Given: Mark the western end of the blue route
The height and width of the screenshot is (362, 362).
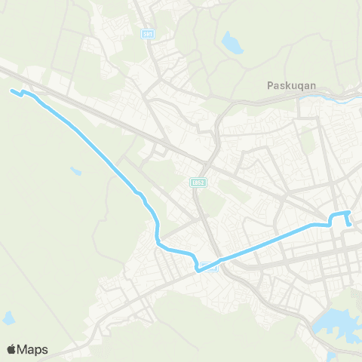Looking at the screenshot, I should point(11,91).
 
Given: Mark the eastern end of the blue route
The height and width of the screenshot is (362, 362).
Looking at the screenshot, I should point(349,224).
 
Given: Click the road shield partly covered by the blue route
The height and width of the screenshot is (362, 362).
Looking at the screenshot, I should point(210,267).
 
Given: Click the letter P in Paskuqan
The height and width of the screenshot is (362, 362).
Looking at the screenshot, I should point(271,85).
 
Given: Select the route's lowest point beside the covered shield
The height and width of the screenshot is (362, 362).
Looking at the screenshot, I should point(198,269).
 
